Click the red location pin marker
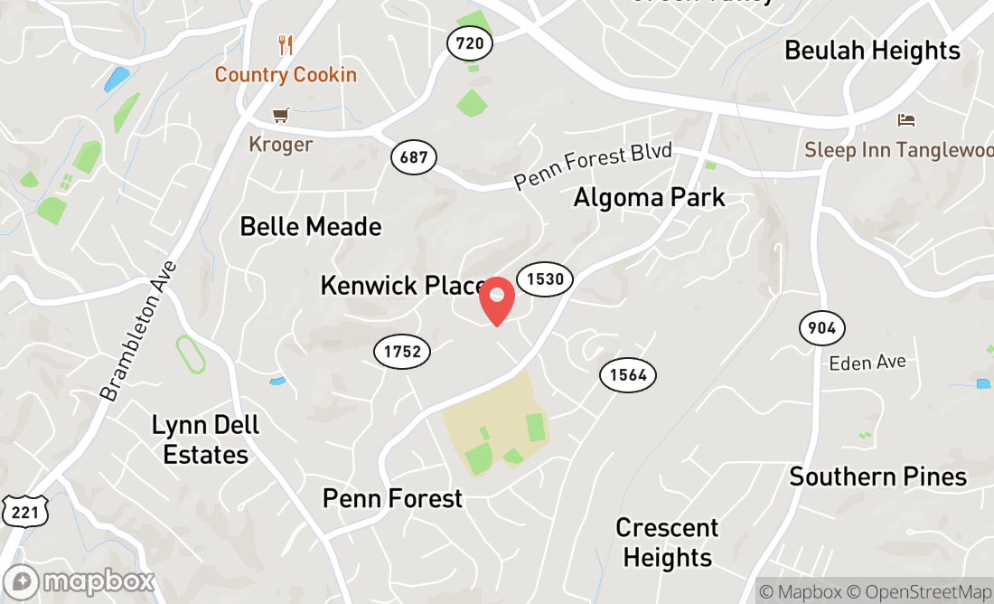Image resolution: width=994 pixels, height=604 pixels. click(497, 301)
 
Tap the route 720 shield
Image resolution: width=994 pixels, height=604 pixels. click(470, 42)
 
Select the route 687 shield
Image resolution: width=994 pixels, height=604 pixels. click(414, 157)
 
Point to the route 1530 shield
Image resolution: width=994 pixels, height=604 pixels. click(545, 278)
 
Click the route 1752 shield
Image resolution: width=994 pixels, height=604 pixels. click(402, 351)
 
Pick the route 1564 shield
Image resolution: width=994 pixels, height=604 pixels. click(628, 374)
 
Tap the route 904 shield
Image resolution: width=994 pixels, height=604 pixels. click(821, 326)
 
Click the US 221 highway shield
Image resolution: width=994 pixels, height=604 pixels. click(19, 513)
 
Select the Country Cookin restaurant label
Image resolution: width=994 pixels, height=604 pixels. click(286, 74)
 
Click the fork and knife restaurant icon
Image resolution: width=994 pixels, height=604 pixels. click(286, 44)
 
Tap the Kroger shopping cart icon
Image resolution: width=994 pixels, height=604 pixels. click(280, 116)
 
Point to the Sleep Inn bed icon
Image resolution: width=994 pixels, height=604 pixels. click(905, 120)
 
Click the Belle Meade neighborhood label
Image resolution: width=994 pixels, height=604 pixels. click(311, 226)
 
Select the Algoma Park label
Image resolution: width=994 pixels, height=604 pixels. click(649, 197)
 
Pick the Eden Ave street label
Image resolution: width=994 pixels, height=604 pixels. click(867, 363)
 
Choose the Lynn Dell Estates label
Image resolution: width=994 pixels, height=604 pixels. click(206, 439)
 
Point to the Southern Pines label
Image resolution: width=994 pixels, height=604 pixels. click(877, 477)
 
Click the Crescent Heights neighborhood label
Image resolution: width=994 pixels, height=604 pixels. click(668, 543)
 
